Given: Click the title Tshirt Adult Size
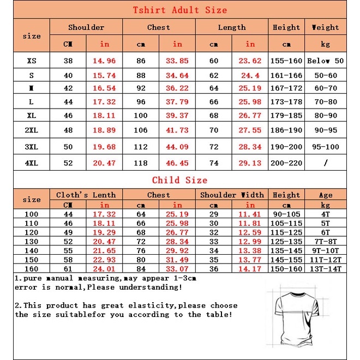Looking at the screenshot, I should click(179, 10).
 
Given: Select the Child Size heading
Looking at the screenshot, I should click(179, 180).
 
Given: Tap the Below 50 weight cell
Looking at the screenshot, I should click(326, 61).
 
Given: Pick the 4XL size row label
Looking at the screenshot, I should click(32, 163).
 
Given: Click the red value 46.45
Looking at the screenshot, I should click(177, 163).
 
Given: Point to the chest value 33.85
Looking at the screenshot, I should click(177, 61).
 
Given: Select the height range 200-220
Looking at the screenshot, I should click(286, 163).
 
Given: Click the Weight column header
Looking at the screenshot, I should click(326, 27).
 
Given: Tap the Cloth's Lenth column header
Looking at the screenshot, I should click(86, 195).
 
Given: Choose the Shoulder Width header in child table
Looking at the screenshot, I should click(232, 195).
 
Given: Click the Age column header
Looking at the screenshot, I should click(326, 195).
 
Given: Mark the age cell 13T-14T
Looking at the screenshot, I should click(326, 268).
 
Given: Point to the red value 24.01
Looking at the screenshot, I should click(105, 268).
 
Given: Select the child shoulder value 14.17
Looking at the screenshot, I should click(250, 268).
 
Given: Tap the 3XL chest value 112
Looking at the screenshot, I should click(141, 147).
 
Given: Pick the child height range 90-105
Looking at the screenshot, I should click(286, 214).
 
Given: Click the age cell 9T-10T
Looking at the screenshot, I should click(326, 250).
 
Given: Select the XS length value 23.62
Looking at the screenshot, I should click(250, 61).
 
